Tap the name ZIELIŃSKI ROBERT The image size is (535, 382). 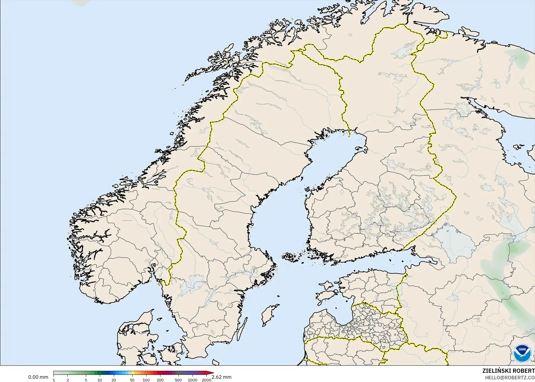pyautogui.click(x=509, y=371)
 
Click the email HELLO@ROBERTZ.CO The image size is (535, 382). pyautogui.click(x=510, y=378)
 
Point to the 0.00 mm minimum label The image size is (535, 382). pyautogui.click(x=38, y=377)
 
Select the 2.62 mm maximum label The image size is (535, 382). pyautogui.click(x=221, y=377)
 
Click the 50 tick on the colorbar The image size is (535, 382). pyautogui.click(x=132, y=380)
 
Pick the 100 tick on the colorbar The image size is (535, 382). pyautogui.click(x=146, y=380)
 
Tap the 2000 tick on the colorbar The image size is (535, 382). pyautogui.click(x=206, y=380)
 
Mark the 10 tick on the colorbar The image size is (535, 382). pyautogui.click(x=100, y=380)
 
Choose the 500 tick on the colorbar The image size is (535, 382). pyautogui.click(x=178, y=380)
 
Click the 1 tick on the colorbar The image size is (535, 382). pyautogui.click(x=54, y=380)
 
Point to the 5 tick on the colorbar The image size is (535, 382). pyautogui.click(x=86, y=380)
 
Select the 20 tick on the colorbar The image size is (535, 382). pyautogui.click(x=114, y=380)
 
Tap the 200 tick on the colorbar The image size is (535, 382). pyautogui.click(x=160, y=380)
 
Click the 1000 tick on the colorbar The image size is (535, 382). pyautogui.click(x=192, y=380)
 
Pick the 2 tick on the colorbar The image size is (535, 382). pyautogui.click(x=68, y=380)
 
